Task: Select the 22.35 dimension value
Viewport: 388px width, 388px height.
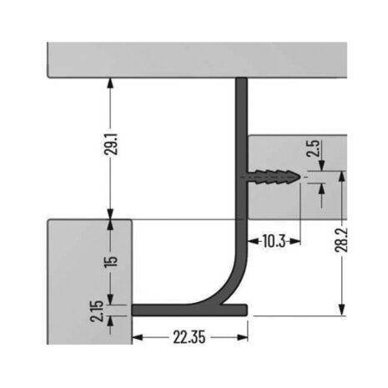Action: coord(191,336)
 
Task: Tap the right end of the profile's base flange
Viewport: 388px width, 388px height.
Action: coord(247,310)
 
